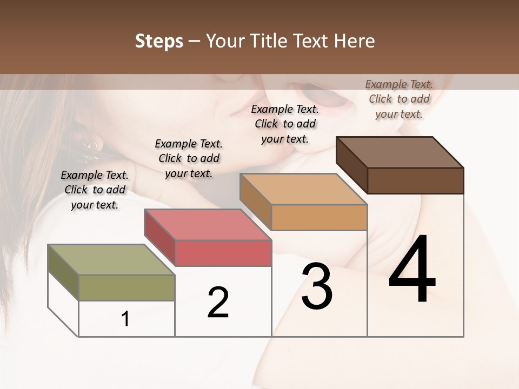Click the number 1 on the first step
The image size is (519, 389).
click(125, 319)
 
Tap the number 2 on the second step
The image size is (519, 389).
click(218, 303)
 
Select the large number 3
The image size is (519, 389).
click(317, 286)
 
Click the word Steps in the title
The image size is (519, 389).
click(159, 41)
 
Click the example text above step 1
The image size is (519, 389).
click(95, 190)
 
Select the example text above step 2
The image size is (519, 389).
click(189, 158)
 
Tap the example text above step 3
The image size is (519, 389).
click(285, 124)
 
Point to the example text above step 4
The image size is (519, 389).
click(399, 99)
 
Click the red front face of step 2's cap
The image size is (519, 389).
click(223, 253)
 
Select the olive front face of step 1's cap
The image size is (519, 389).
click(127, 287)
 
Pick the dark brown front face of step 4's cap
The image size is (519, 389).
click(415, 180)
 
